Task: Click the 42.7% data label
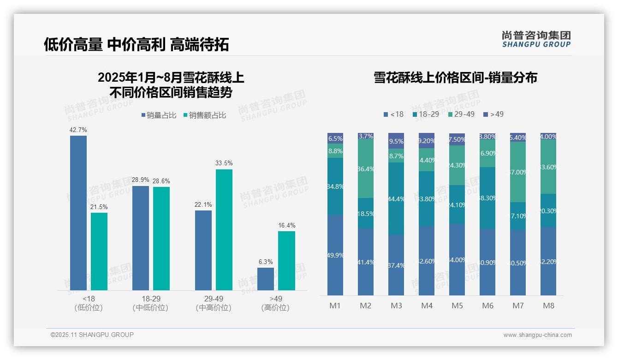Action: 78,130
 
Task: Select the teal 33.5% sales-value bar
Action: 224,229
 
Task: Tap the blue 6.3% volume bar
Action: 266,279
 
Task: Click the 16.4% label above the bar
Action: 287,225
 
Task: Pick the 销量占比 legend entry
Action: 159,115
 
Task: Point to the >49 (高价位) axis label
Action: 275,303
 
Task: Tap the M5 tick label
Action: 457,306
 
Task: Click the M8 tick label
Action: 548,306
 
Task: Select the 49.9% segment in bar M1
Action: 335,255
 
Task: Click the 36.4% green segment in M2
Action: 366,169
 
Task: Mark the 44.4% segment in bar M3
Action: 396,199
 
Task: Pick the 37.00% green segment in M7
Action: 518,172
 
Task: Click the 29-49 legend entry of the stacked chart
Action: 461,114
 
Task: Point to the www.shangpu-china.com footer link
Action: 537,335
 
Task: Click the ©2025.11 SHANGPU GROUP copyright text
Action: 92,335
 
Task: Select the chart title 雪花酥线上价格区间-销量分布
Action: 455,78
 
